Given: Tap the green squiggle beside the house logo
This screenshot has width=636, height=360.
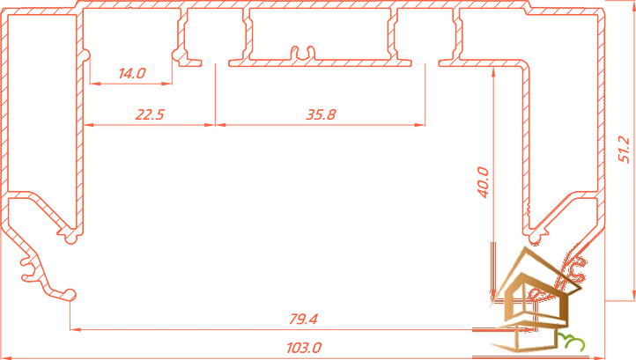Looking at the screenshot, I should [573, 341].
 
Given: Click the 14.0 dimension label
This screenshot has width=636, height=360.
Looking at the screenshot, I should [131, 70].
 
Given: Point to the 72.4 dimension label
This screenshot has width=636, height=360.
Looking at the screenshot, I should [305, 318].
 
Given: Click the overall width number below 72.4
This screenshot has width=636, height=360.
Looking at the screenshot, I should [302, 349].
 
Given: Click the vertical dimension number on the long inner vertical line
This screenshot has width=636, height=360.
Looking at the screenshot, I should [484, 180].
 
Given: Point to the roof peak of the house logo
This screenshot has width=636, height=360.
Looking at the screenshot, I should [527, 251].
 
